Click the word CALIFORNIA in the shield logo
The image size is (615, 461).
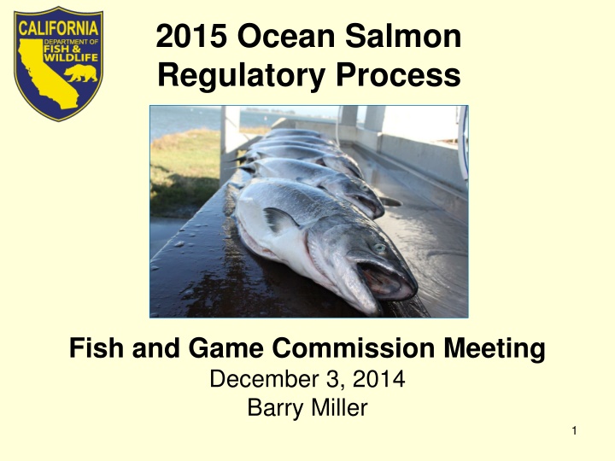(x=58, y=28)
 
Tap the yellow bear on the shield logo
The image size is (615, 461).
(x=81, y=73)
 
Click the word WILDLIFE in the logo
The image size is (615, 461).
(x=71, y=58)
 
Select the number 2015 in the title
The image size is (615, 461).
(x=191, y=36)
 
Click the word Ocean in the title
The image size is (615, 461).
(x=286, y=36)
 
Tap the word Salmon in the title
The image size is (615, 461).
(x=403, y=36)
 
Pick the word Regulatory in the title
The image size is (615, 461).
(x=241, y=76)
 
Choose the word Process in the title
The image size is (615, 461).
(x=398, y=75)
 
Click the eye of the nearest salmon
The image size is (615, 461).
(x=379, y=248)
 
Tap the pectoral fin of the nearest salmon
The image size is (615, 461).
(x=279, y=219)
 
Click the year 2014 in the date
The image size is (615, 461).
(x=378, y=379)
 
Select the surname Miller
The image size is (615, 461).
(x=340, y=407)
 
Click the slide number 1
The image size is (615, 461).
(x=574, y=431)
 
